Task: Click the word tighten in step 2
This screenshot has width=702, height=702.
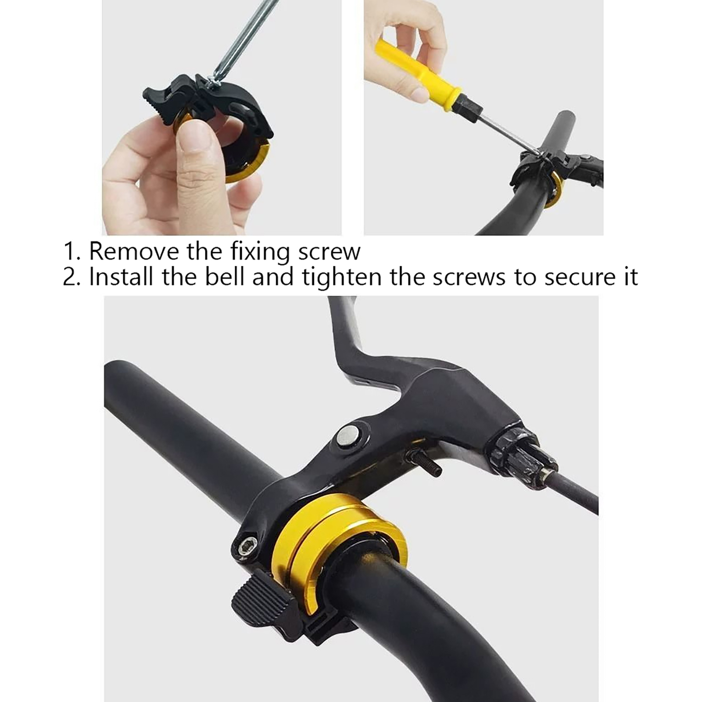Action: (342, 278)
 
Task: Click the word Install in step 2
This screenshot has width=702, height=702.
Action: (121, 277)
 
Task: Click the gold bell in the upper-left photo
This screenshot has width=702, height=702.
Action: (246, 162)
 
